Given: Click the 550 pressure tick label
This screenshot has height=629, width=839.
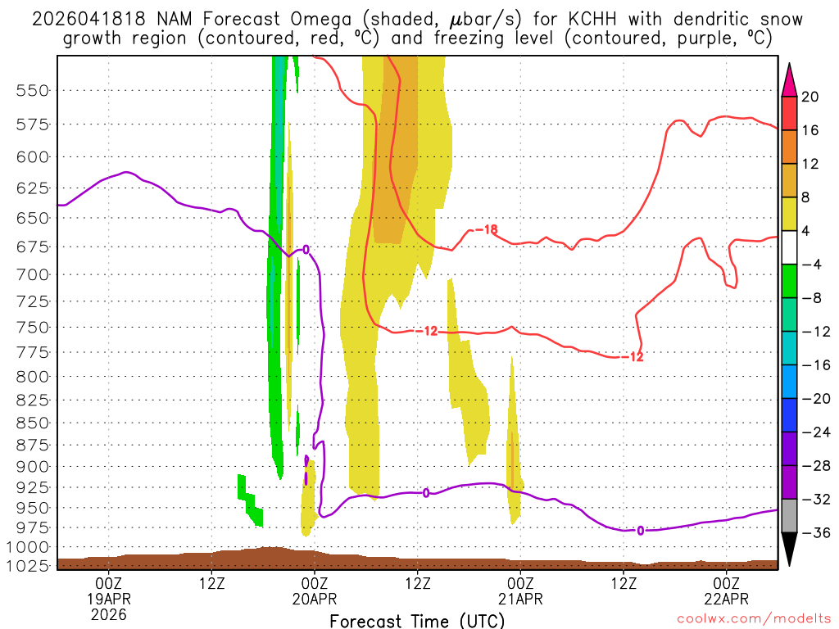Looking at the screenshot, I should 33,91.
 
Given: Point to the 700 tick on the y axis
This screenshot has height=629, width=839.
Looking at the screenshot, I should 33,274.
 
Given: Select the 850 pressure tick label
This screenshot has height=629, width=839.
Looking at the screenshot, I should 33,423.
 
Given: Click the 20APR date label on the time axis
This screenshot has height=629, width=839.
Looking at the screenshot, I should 315,599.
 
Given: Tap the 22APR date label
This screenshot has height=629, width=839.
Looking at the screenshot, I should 728,599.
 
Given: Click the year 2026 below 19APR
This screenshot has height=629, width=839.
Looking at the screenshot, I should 109,614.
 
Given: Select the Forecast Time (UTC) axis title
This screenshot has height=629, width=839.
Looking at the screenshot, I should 417,620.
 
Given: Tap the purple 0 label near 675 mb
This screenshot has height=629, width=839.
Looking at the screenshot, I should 306,249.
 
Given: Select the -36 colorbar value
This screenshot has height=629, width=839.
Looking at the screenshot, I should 812,533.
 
